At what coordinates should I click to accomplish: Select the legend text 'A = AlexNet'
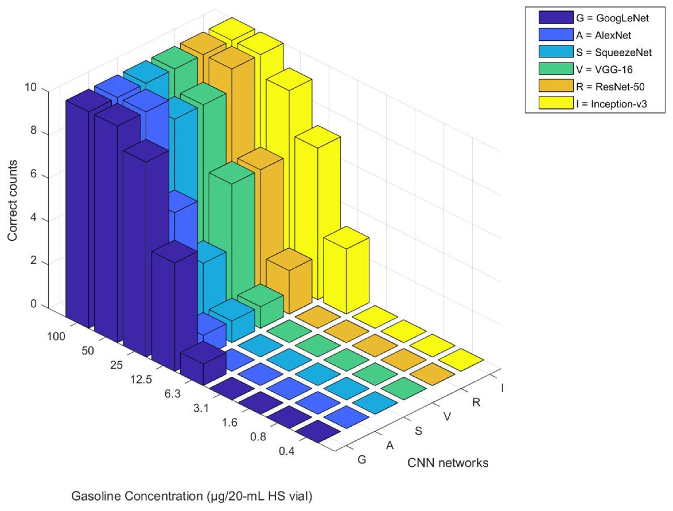(x=603, y=35)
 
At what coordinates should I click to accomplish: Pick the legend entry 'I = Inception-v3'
(x=611, y=104)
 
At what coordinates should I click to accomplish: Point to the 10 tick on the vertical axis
(x=31, y=88)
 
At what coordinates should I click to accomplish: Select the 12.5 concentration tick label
(x=141, y=379)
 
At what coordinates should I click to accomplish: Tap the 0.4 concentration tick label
(x=287, y=451)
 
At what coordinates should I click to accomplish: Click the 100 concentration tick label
(x=56, y=337)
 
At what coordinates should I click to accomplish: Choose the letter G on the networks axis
(x=362, y=460)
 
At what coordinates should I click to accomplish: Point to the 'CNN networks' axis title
(x=448, y=463)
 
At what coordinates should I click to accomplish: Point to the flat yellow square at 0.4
(x=461, y=360)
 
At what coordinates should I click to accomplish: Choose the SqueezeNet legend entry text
(x=614, y=52)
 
